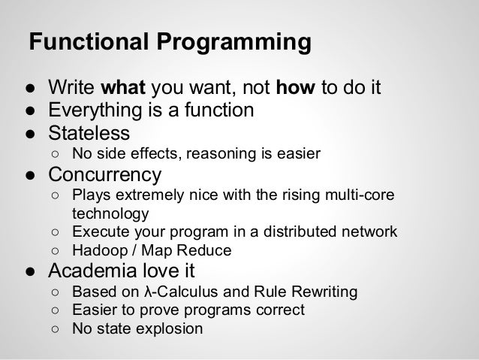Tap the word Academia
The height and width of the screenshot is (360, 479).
click(94, 270)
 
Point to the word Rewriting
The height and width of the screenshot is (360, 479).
click(324, 291)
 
